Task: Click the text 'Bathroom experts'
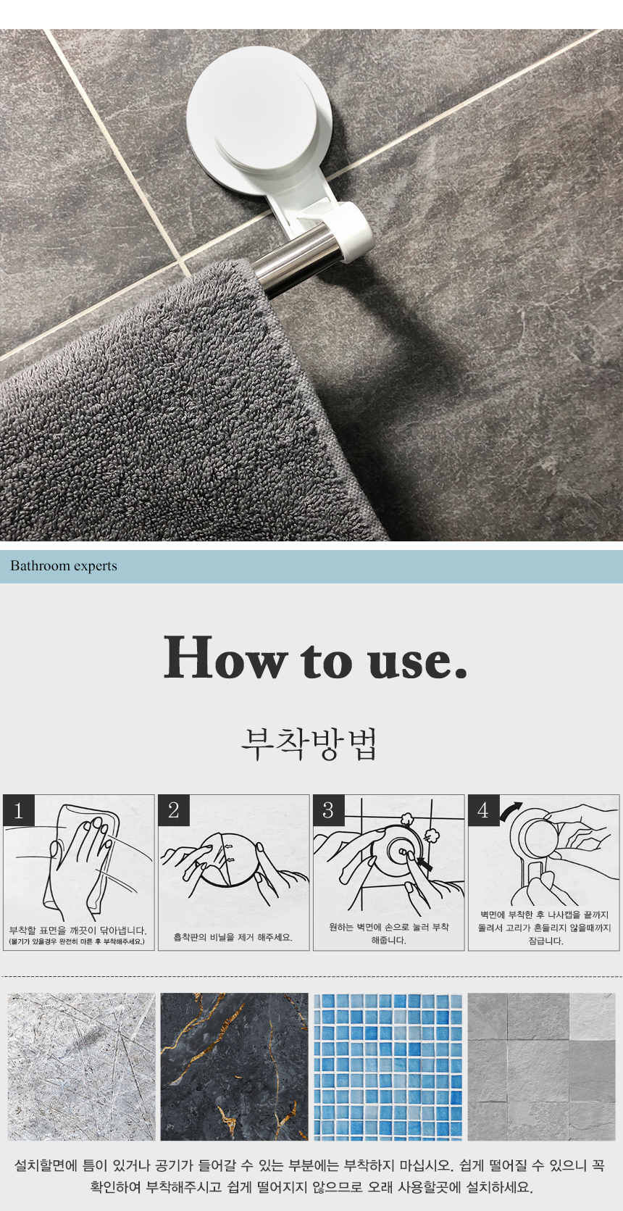pos(64,566)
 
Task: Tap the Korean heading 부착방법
pos(310,744)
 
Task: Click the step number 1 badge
pos(19,811)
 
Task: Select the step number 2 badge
pos(174,811)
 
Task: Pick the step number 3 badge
pos(328,811)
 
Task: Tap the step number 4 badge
pos(483,811)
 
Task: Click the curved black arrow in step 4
pos(511,810)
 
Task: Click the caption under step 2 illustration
pos(233,937)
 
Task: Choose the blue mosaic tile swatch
pos(388,1067)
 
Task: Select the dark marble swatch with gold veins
pos(234,1067)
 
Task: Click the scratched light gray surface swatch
pos(81,1067)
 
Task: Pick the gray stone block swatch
pos(541,1067)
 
